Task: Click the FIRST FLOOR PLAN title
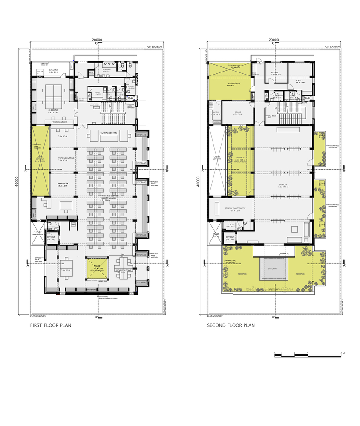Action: (x=50, y=325)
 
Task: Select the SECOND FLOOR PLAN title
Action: (x=231, y=325)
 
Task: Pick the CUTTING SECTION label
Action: (x=109, y=133)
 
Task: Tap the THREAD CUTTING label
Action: (x=67, y=158)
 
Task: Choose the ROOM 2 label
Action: (x=275, y=73)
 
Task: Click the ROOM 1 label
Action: (x=299, y=81)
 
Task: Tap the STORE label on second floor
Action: (x=238, y=113)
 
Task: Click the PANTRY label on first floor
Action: (x=97, y=93)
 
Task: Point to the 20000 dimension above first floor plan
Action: (x=97, y=40)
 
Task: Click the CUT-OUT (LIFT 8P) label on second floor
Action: (x=230, y=239)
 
